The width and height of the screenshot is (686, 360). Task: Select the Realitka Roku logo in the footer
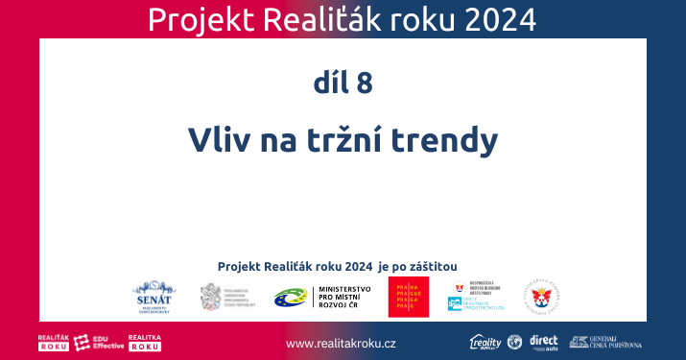point(144,343)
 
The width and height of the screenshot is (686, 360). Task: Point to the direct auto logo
point(543,342)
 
